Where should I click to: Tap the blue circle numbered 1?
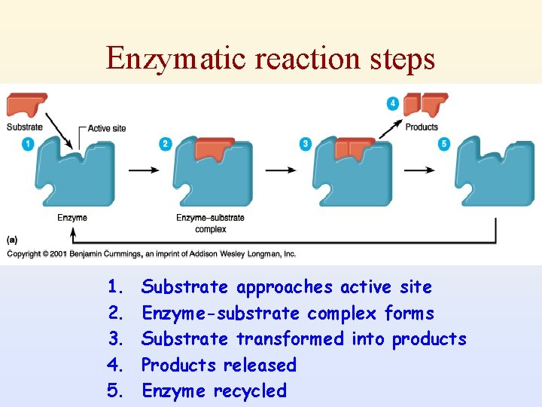29,143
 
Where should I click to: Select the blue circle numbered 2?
166,143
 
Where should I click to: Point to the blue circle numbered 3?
305,143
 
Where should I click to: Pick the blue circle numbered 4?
393,103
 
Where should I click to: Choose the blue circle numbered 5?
444,143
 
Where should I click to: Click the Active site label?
107,128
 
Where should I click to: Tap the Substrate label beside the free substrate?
25,127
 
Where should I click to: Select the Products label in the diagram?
422,127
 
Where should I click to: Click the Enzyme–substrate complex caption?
210,223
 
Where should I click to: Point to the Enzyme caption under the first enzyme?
72,218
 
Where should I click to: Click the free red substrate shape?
27,104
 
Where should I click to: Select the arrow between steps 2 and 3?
280,170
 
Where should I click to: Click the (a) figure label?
13,240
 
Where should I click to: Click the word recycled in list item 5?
250,391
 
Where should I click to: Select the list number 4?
115,366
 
